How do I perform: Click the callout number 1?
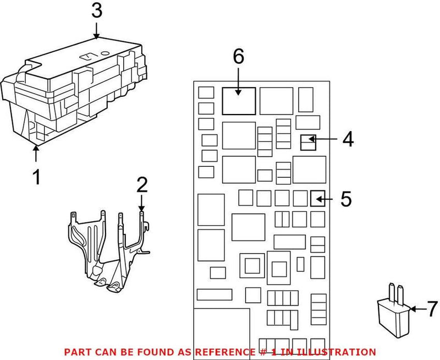coord(36,178)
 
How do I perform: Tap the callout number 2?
coord(142,184)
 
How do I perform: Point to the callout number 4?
coord(347,139)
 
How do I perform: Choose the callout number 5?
coord(345,198)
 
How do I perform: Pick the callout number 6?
coord(238,57)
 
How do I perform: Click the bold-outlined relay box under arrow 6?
coord(239,101)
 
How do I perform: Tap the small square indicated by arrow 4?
coord(307,143)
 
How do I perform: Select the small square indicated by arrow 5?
coord(317,198)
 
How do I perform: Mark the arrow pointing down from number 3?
coord(96,30)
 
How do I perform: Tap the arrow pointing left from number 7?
coord(417,310)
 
